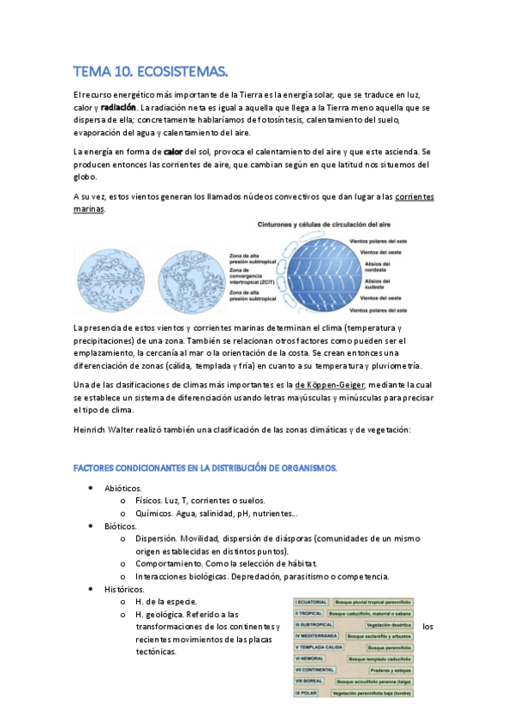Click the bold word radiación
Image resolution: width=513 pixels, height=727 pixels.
coord(118,108)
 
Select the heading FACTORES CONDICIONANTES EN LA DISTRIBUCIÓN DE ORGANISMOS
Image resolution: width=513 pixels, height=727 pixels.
coord(206,468)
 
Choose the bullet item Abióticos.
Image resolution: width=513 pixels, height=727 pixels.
coord(123,488)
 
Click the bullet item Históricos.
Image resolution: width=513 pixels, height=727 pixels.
coord(124,589)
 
